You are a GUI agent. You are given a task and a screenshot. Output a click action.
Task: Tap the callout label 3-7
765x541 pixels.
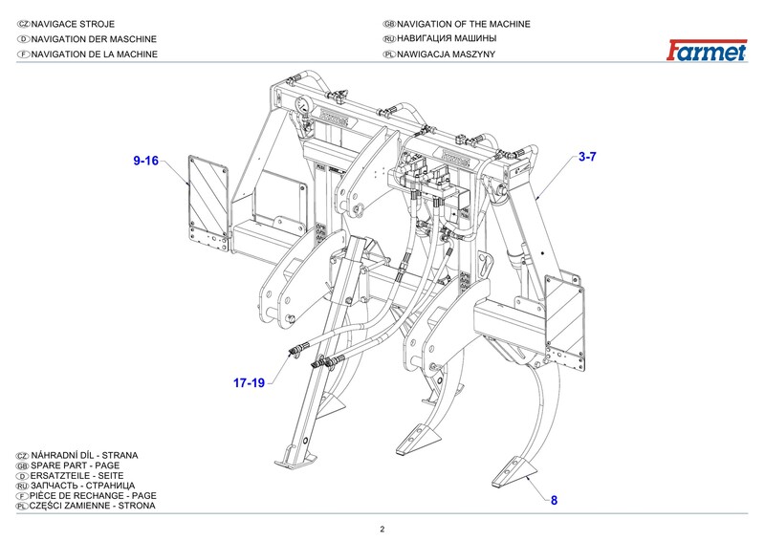587,156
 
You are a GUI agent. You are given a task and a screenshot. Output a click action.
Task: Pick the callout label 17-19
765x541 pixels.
249,383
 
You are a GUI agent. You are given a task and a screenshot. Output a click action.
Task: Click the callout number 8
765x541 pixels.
553,500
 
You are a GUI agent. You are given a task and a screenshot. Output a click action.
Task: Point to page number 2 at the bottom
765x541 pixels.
382,529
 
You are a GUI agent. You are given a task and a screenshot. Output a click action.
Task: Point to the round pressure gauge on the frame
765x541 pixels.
303,107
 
